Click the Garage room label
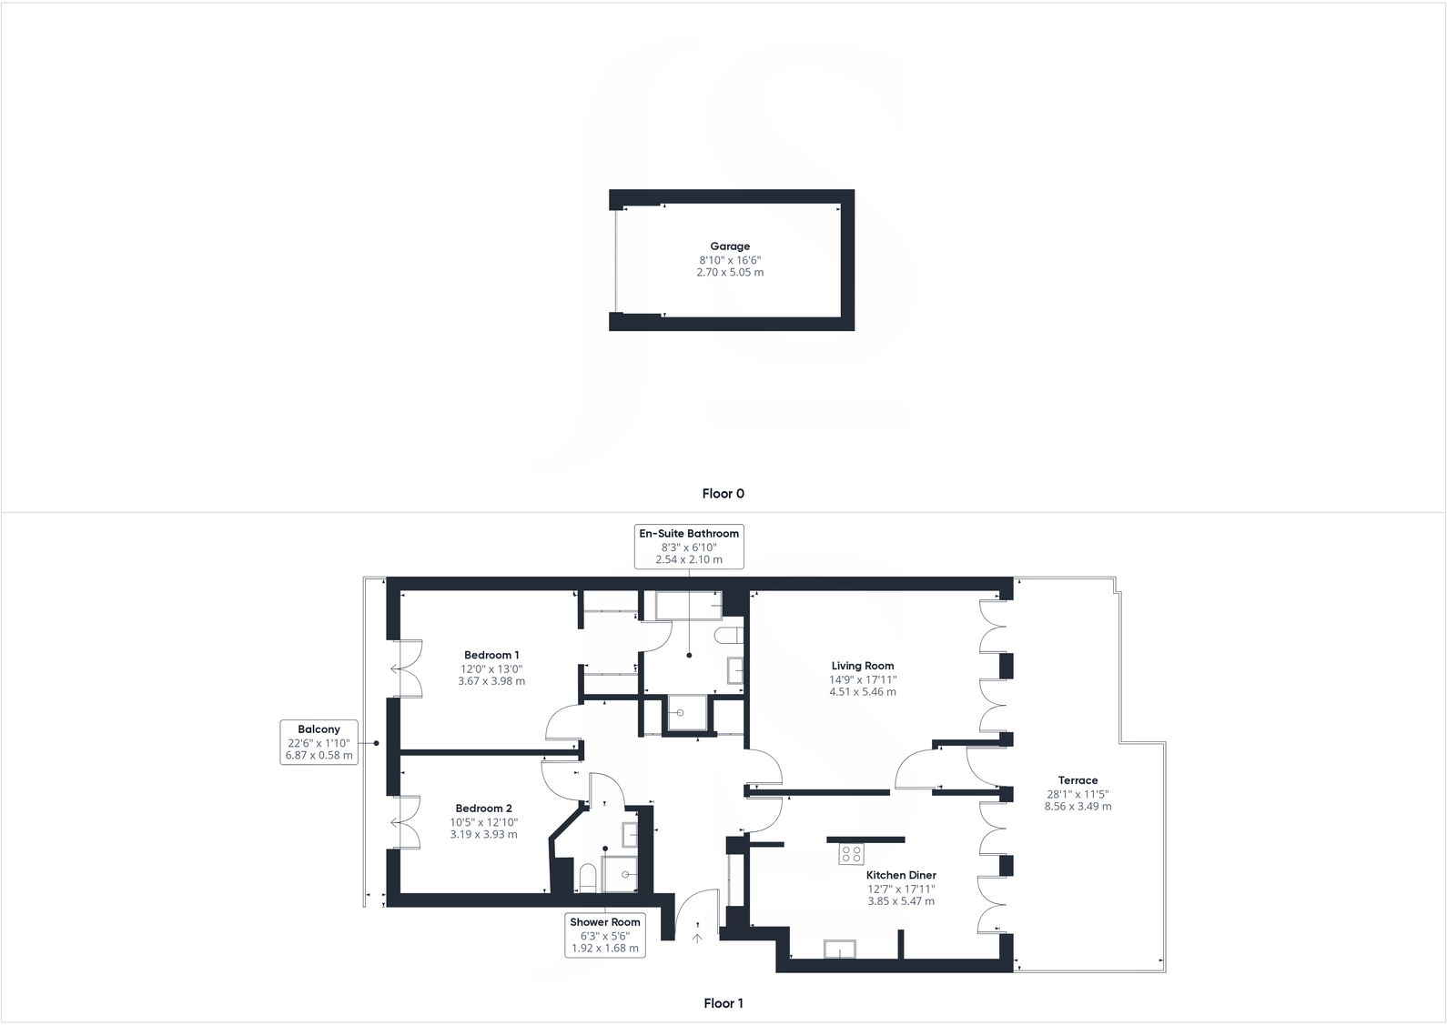[x=730, y=246]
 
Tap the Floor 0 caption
[x=723, y=494]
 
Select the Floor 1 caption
[x=723, y=1004]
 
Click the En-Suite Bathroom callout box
[x=689, y=547]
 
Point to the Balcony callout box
[x=319, y=742]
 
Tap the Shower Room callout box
[x=605, y=935]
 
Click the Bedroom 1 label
[x=491, y=655]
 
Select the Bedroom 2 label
[x=483, y=809]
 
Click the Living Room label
[x=862, y=666]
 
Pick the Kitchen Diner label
[x=901, y=875]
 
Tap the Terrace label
[x=1078, y=780]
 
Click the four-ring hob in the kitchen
[x=852, y=854]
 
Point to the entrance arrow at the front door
[x=698, y=938]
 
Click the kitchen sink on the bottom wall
[x=839, y=950]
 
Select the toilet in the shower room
[x=587, y=879]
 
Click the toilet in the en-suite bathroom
[x=729, y=634]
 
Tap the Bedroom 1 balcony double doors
[x=406, y=668]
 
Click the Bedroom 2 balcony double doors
[x=406, y=822]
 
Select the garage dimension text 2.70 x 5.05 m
[x=730, y=272]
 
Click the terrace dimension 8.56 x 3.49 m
[x=1078, y=807]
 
